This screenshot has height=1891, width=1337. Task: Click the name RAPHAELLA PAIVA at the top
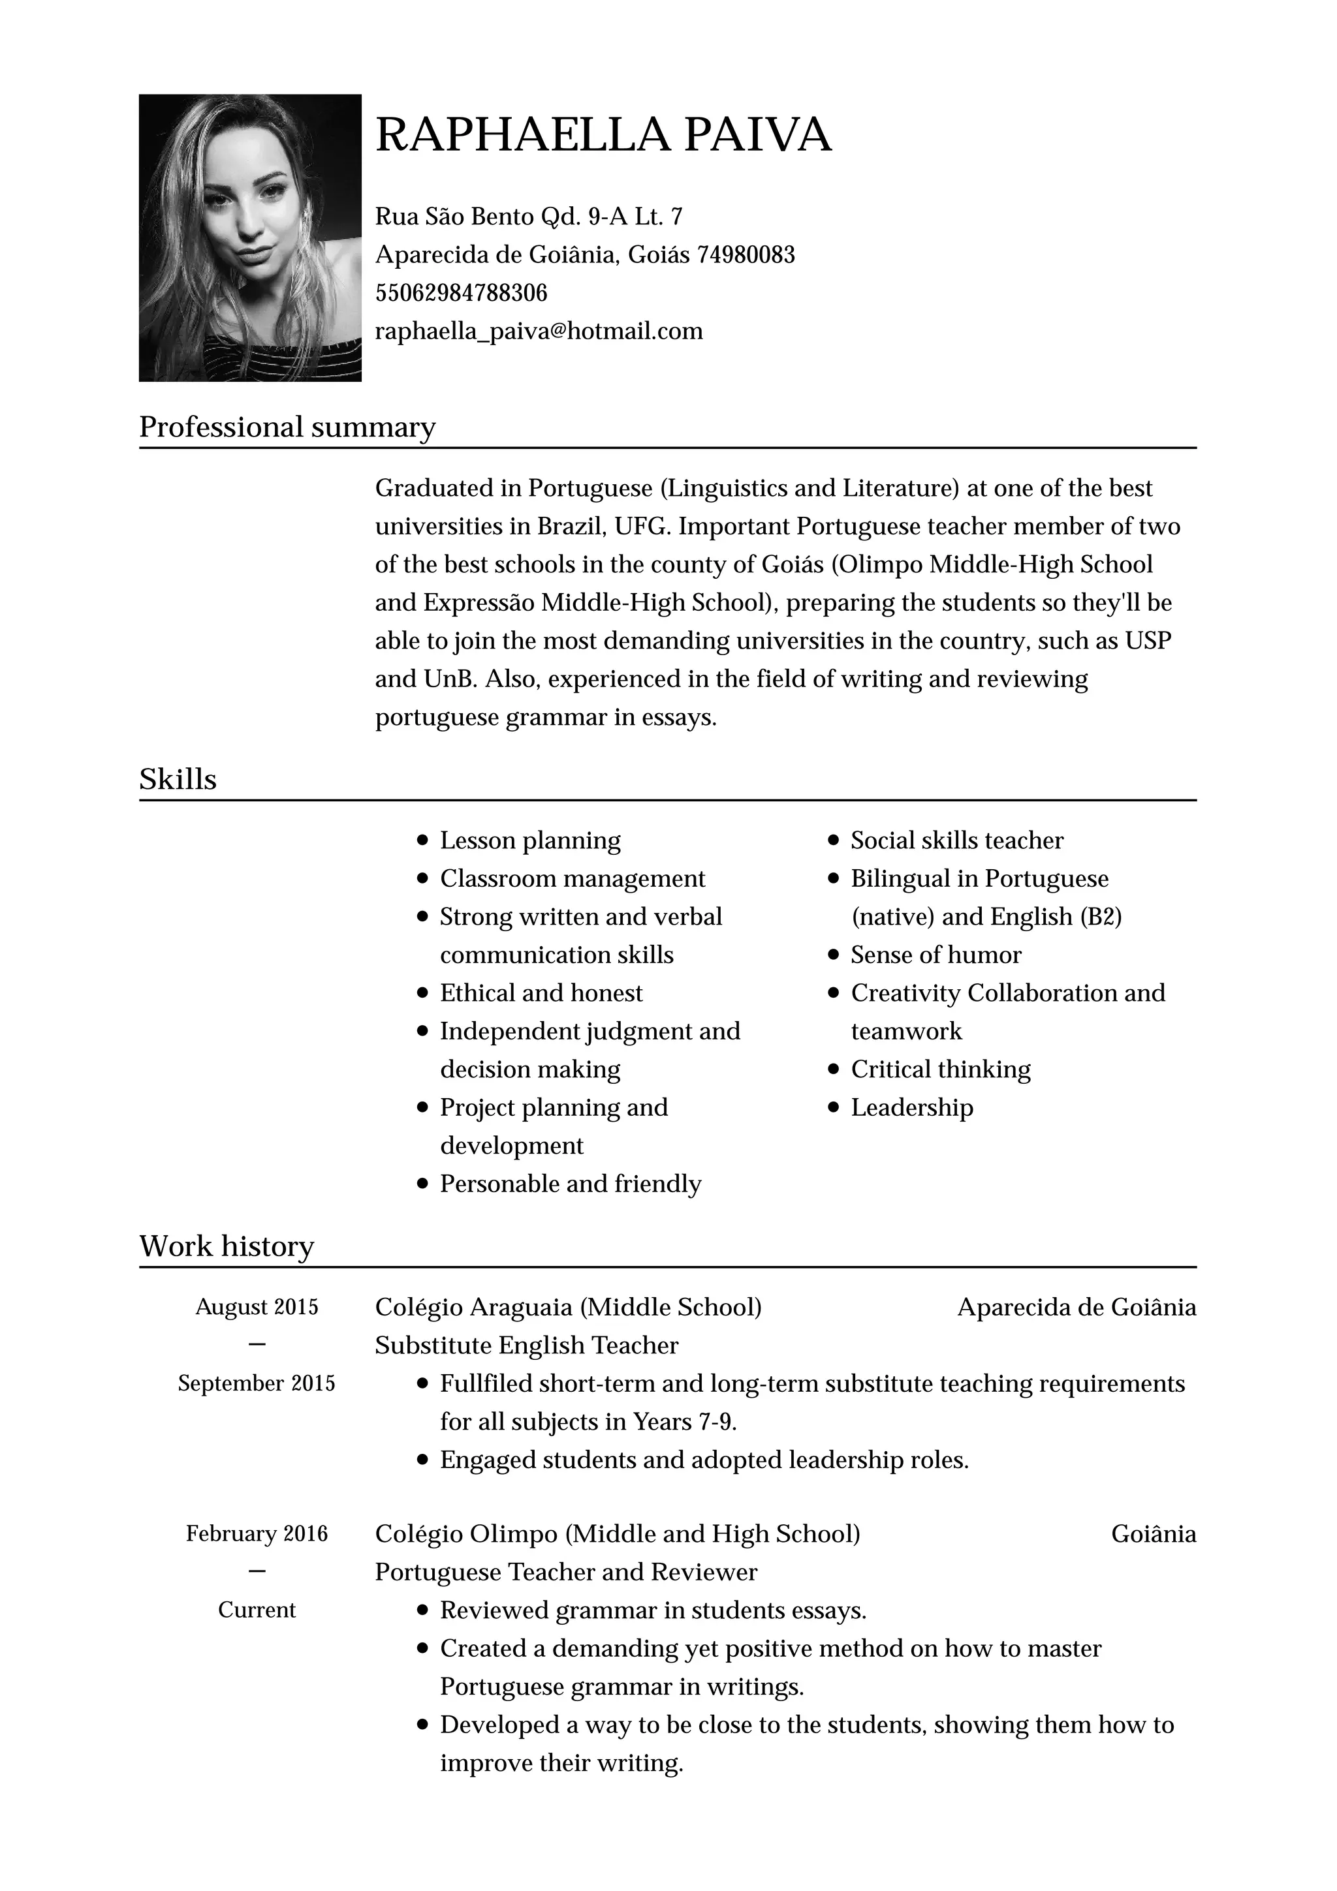(x=603, y=134)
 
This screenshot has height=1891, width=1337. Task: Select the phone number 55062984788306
(x=462, y=292)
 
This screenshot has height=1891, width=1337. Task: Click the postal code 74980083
(x=746, y=254)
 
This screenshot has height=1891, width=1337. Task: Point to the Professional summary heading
(x=287, y=427)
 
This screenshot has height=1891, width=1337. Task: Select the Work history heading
(x=227, y=1246)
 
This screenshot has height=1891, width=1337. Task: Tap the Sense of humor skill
(x=936, y=955)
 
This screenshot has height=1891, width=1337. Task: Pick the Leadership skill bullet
(x=912, y=1108)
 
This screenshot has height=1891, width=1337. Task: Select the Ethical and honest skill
(x=541, y=993)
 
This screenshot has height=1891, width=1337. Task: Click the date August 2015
(x=256, y=1307)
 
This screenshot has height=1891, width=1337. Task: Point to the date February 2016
(x=256, y=1533)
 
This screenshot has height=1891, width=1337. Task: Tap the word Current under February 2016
(x=256, y=1610)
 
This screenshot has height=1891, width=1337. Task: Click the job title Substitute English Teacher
(x=526, y=1345)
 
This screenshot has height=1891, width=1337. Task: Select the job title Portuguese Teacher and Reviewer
(x=565, y=1573)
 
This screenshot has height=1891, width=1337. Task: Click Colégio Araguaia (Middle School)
(x=567, y=1307)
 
